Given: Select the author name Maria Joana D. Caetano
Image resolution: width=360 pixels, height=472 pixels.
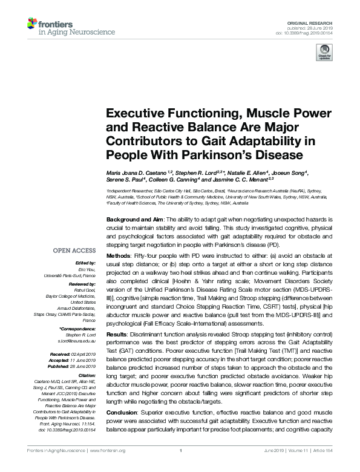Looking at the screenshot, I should click(x=133, y=174).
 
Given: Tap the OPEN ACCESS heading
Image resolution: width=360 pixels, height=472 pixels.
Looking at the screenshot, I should click(x=74, y=250).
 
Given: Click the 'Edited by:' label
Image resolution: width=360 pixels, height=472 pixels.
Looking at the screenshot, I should click(x=85, y=263).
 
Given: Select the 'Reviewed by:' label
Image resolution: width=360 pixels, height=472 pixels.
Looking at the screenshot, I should click(x=82, y=283).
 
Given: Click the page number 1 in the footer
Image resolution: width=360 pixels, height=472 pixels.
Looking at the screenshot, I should click(x=180, y=468).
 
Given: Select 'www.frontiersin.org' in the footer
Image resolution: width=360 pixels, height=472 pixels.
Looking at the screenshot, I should click(x=109, y=468).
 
